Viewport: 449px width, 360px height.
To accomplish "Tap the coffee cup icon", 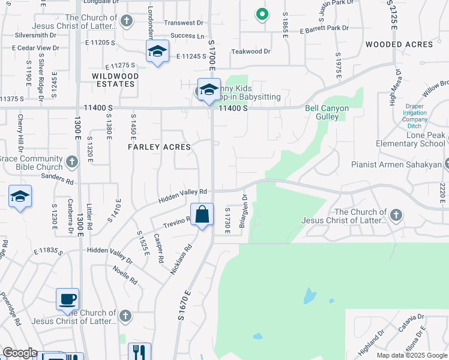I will pos(67,299).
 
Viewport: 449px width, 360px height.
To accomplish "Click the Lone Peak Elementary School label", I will pos(411,140).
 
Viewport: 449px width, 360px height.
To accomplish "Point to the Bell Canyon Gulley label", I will pos(322,112).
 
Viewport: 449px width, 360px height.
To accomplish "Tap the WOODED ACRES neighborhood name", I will pos(399,44).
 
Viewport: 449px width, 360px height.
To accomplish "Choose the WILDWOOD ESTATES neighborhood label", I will pos(115,80).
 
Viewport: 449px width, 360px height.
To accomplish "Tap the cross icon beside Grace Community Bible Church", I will pos(72,161).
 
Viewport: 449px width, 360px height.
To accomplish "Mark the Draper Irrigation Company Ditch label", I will pos(415,113).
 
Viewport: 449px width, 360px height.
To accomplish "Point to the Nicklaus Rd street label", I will pos(181,259).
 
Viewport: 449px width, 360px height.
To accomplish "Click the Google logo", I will pos(19,353).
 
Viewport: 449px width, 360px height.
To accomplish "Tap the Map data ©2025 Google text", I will pos(411,355).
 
